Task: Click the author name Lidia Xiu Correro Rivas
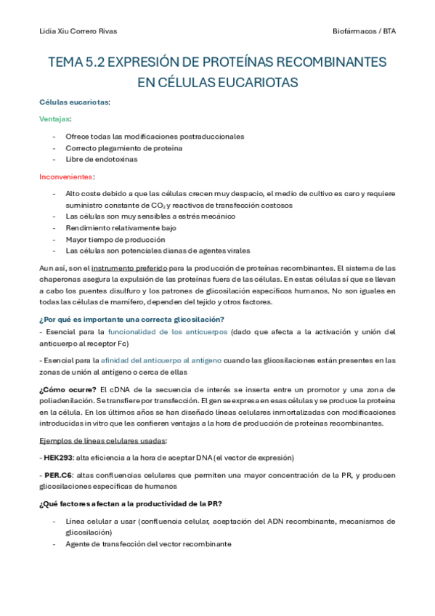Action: (78, 31)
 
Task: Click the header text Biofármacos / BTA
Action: (364, 31)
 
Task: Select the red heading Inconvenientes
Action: (67, 177)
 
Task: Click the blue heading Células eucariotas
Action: (74, 102)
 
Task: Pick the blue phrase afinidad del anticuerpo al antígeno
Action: (160, 360)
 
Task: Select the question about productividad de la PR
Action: (130, 504)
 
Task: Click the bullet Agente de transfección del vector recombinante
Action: (148, 543)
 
